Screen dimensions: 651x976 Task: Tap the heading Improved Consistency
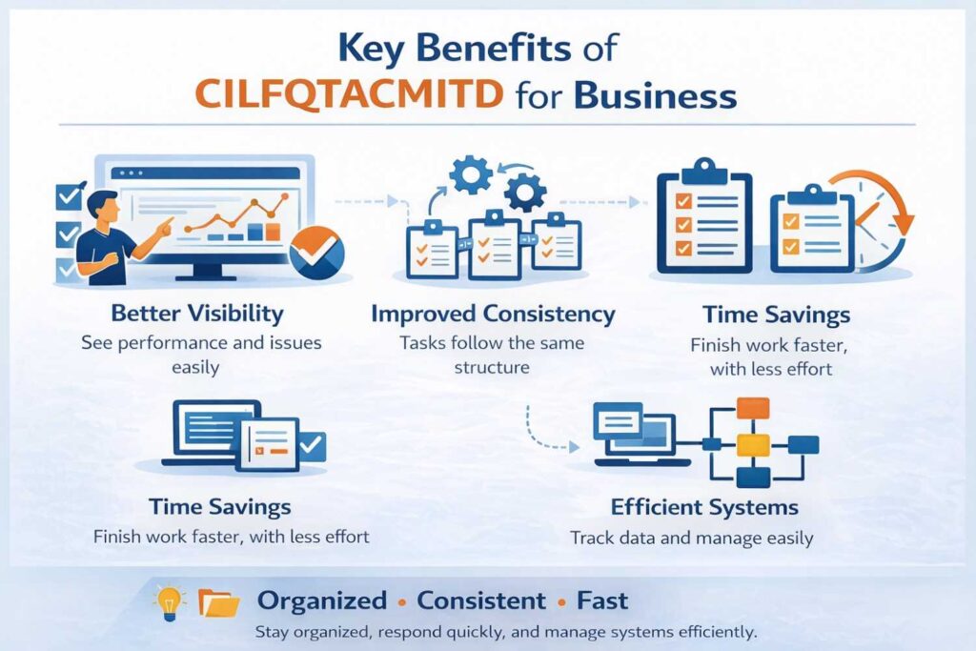click(x=493, y=314)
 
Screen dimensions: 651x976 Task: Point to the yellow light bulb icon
click(x=168, y=600)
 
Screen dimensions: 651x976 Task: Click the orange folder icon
click(x=218, y=601)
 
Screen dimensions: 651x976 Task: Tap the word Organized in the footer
click(x=322, y=601)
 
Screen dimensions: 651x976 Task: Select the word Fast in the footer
click(x=602, y=601)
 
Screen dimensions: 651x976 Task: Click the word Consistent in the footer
click(x=481, y=601)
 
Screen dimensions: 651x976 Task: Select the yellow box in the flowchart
click(x=753, y=443)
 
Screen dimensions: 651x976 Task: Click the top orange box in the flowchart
click(x=753, y=408)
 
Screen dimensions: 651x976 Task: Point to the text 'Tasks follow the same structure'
click(x=493, y=355)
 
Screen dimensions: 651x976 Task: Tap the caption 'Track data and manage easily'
click(x=691, y=539)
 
